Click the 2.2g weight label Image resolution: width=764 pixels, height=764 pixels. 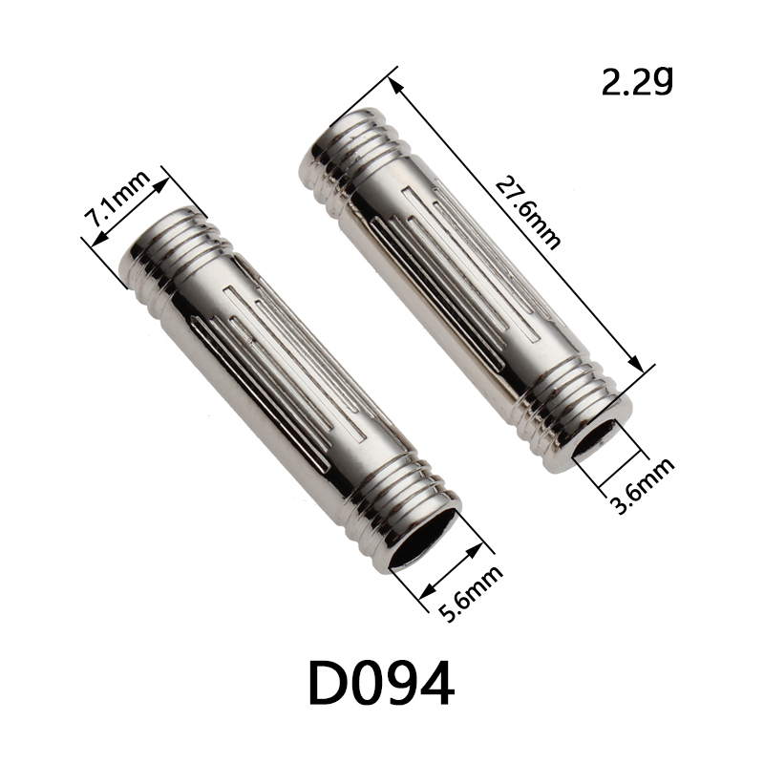point(637,81)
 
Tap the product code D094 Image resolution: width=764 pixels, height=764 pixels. point(381,683)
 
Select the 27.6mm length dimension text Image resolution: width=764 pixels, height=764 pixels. point(528,214)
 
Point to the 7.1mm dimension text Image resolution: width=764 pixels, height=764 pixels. point(117,199)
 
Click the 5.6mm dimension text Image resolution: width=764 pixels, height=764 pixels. point(470,593)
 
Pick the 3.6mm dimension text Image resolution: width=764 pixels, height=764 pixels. point(642,486)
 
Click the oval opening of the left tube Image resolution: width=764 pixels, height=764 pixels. point(423,538)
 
